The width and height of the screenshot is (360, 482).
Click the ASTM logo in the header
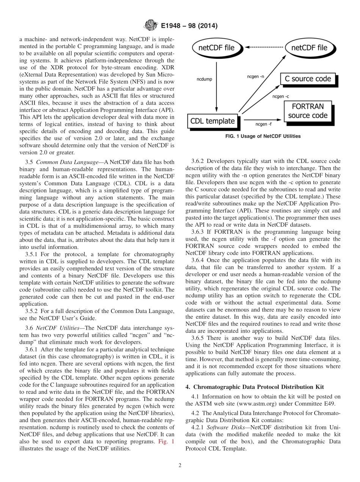pos(151,26)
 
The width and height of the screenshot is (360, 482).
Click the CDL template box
pos(212,121)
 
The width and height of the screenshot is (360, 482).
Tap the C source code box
pos(308,79)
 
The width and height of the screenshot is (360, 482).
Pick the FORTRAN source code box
pos(307,111)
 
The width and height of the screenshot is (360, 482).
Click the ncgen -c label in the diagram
pos(281,96)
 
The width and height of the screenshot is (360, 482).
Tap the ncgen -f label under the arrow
pos(264,124)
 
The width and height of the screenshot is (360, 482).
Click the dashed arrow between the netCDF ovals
pos(264,47)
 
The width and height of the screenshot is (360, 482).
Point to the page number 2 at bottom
pos(180,466)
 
